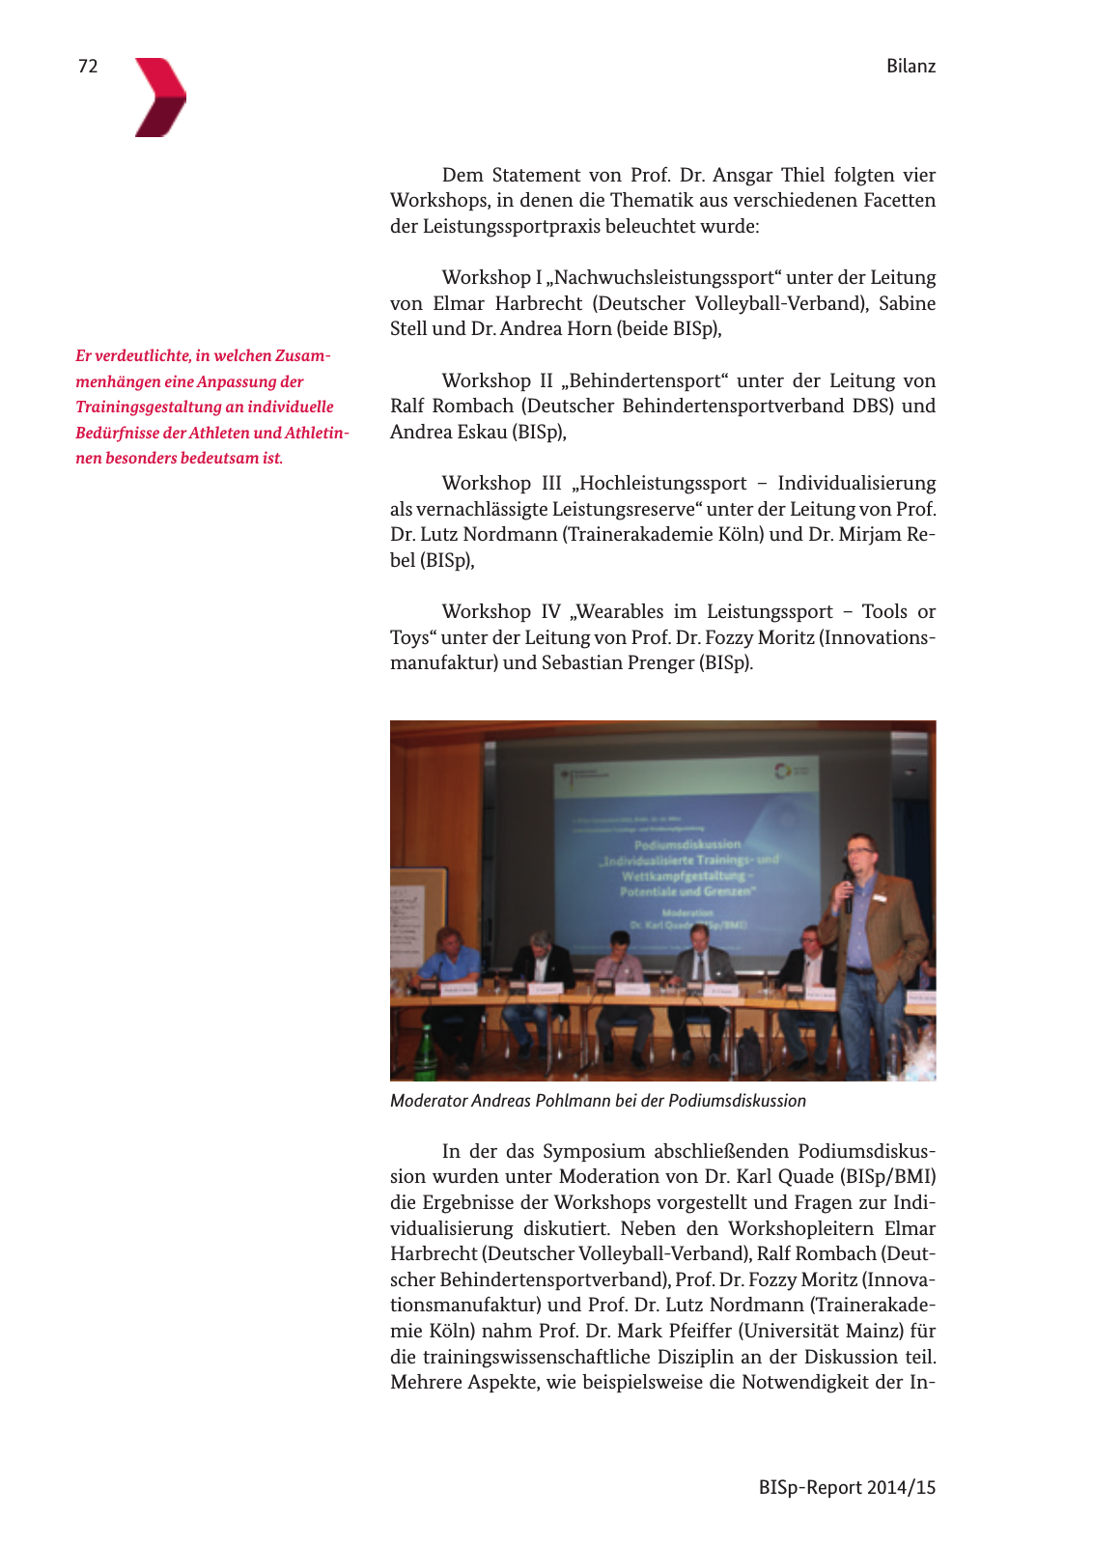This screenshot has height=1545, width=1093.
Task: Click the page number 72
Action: pyautogui.click(x=88, y=66)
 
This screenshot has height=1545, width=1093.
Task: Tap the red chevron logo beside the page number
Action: pyautogui.click(x=160, y=97)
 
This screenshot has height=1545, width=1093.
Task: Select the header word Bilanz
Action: pyautogui.click(x=911, y=66)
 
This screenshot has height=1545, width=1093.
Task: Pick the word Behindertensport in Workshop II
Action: pyautogui.click(x=645, y=380)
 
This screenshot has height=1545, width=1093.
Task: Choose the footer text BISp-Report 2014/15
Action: pyautogui.click(x=847, y=1487)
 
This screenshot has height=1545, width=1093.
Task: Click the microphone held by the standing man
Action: pyautogui.click(x=848, y=893)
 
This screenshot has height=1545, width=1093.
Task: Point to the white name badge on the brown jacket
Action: pyautogui.click(x=879, y=898)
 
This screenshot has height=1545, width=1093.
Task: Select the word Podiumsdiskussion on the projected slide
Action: pyautogui.click(x=687, y=844)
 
